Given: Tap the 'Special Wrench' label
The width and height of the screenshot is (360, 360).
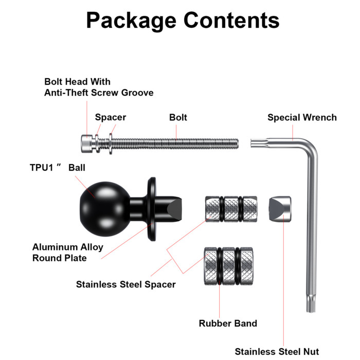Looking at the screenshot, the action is click(x=302, y=117).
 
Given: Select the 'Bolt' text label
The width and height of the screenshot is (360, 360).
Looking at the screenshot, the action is click(x=178, y=117).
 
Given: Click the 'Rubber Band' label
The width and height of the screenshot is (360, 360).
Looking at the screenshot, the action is click(x=228, y=323).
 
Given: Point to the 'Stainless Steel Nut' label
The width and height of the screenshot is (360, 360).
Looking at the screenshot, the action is click(x=277, y=351).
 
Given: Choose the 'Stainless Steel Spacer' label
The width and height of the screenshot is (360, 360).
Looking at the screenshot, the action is click(x=126, y=284).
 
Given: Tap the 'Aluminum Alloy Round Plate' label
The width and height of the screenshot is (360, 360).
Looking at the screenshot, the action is click(x=68, y=253).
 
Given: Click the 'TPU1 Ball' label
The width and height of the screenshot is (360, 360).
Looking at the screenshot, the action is click(x=58, y=168).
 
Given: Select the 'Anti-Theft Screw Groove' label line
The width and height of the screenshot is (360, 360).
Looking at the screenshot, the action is click(x=99, y=93).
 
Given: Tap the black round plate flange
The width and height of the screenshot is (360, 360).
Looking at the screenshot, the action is click(x=152, y=209).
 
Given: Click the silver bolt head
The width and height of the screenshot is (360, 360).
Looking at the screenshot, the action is click(x=87, y=143).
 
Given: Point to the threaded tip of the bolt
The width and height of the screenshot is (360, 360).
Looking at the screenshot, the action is click(x=237, y=144).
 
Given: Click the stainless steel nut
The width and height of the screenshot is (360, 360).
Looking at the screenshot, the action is click(x=280, y=209).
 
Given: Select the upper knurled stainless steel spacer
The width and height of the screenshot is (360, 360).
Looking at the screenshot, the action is click(x=231, y=209).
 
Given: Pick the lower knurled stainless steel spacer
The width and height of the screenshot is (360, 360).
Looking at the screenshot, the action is click(x=229, y=266).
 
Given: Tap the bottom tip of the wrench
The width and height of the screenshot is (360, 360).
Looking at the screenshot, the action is click(x=311, y=311).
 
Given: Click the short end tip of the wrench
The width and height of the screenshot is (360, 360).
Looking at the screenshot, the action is click(x=251, y=143).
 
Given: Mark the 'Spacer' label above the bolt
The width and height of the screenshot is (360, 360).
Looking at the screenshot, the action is click(x=111, y=117).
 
